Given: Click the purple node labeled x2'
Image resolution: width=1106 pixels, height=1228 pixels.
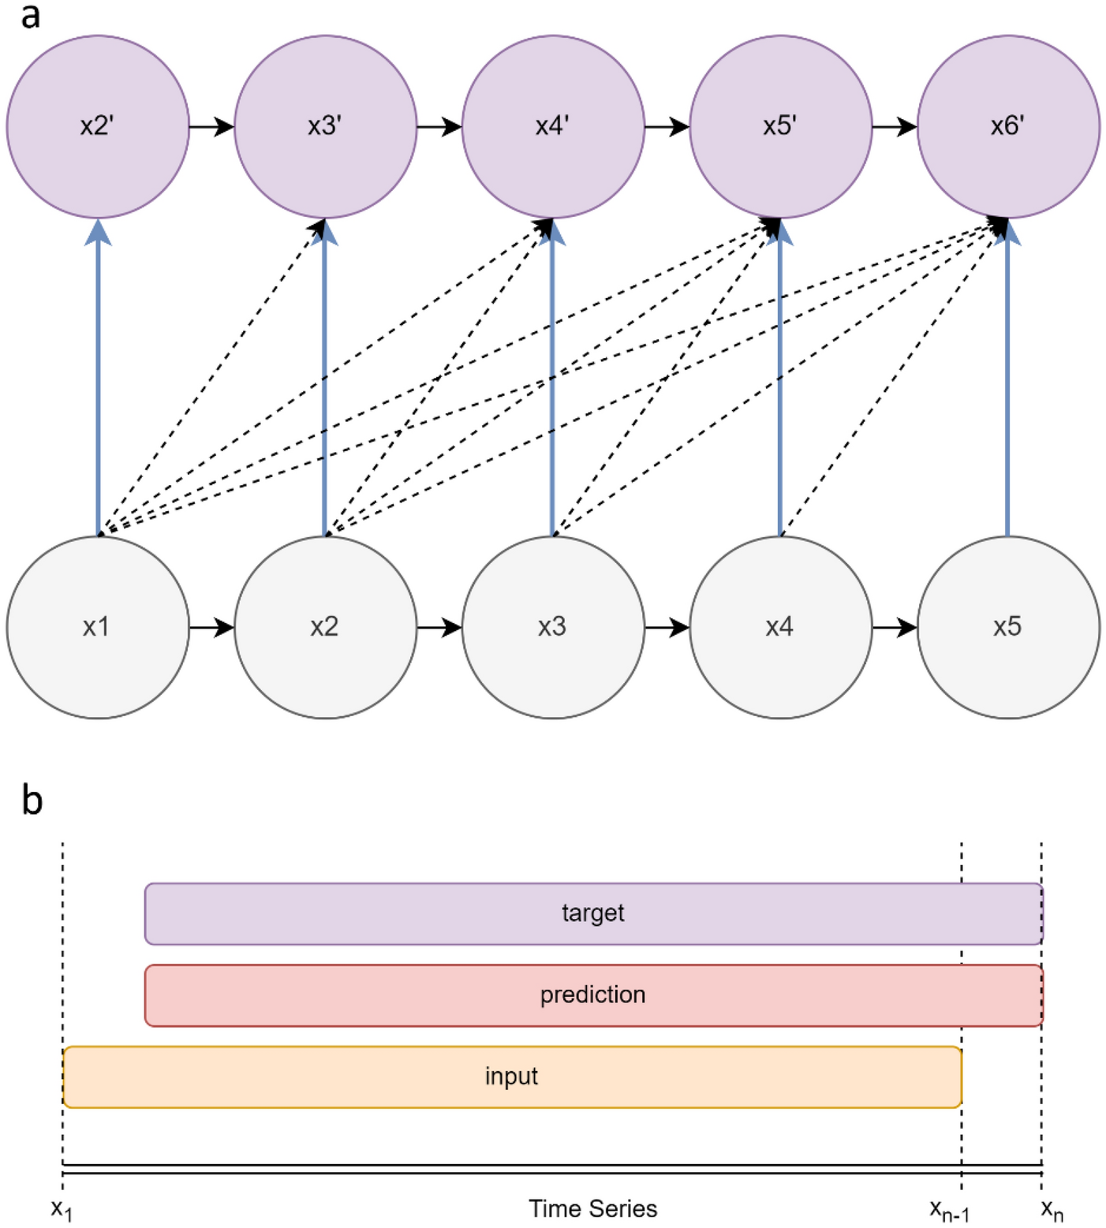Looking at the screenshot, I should click(98, 126).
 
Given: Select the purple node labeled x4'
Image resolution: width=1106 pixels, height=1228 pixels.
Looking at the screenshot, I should click(553, 126).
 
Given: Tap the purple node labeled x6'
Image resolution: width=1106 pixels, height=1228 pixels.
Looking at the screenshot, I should click(1008, 126).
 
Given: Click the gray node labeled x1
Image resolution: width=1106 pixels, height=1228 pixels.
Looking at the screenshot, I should click(98, 627).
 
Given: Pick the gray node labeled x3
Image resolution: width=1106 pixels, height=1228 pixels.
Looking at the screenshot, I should click(553, 627).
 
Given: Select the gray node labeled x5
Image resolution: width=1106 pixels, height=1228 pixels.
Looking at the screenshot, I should click(1008, 627).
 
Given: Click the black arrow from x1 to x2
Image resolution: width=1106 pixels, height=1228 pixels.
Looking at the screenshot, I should click(211, 627).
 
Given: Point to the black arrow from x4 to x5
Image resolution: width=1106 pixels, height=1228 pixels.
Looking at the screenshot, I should click(895, 627).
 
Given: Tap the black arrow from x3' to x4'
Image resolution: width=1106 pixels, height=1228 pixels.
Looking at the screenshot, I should click(439, 126).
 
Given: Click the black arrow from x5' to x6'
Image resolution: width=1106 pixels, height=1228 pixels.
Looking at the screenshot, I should click(895, 126).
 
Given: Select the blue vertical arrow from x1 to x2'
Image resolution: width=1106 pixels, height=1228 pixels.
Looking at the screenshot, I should click(98, 379).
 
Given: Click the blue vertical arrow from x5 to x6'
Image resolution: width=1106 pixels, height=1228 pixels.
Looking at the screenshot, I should click(1007, 379).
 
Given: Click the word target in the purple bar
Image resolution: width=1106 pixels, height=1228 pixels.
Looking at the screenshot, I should click(592, 913).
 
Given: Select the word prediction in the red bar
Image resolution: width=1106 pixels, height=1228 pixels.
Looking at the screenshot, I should click(592, 995).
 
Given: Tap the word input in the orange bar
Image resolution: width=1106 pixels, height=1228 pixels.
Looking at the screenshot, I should click(511, 1077).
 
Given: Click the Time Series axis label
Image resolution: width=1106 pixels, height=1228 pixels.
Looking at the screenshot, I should click(592, 1208).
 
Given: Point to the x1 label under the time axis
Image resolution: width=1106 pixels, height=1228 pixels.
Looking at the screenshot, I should click(62, 1209).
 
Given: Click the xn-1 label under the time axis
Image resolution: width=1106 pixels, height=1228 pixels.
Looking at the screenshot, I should click(949, 1210).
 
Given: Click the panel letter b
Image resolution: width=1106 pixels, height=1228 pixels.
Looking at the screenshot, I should click(32, 800).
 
